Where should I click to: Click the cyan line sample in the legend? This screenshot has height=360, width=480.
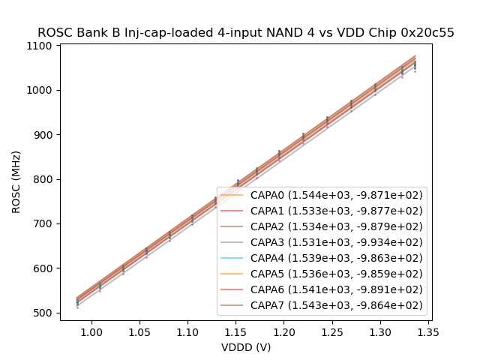(x=232, y=258)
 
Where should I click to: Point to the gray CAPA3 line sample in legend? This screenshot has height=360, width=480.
(x=232, y=242)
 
